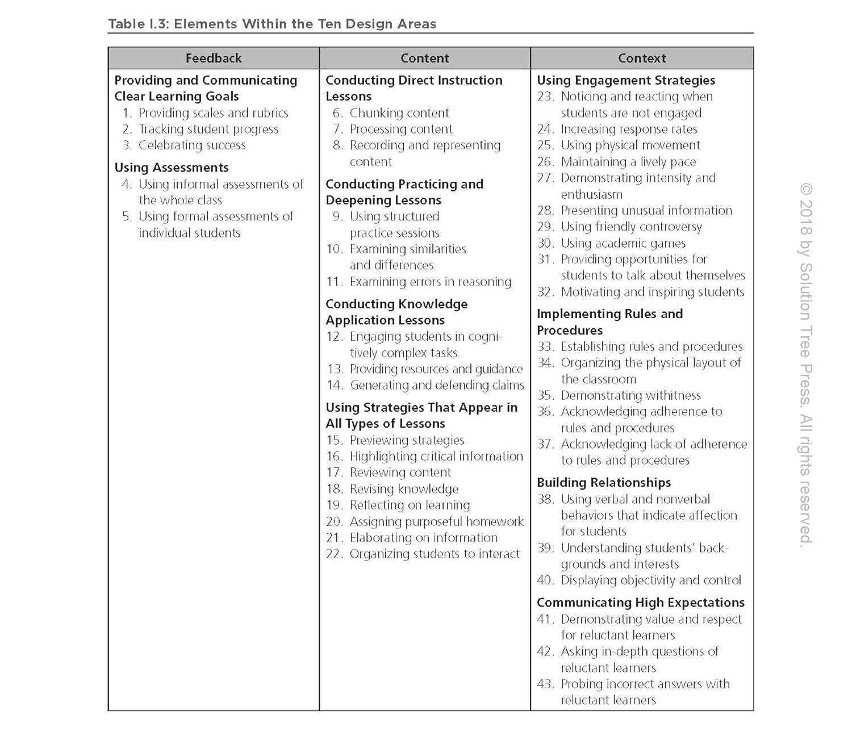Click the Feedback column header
[214, 58]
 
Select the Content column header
[424, 58]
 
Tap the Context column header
[642, 58]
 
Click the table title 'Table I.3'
[272, 24]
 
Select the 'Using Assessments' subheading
[172, 168]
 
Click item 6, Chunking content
[399, 113]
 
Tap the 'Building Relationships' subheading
[604, 483]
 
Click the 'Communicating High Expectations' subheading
[640, 603]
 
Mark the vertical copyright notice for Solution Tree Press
[806, 363]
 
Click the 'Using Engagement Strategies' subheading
[626, 81]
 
